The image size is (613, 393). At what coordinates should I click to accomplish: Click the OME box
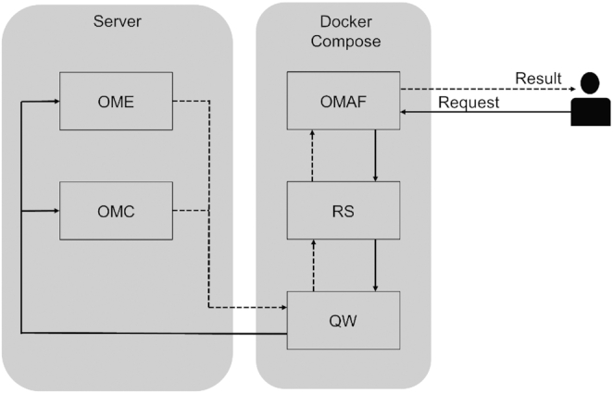(x=115, y=101)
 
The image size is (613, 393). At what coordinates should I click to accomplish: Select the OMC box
(x=115, y=209)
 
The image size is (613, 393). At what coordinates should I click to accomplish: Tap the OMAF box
(x=343, y=102)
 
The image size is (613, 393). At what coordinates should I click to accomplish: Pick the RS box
(x=343, y=209)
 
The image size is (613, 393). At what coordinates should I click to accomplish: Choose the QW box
(x=343, y=320)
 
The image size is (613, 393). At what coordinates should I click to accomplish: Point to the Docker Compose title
(x=343, y=30)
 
